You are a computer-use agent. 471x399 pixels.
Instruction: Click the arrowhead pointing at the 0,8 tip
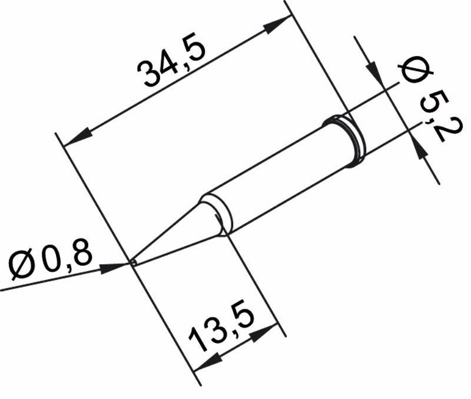(x=118, y=267)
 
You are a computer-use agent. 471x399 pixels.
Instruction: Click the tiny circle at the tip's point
(x=134, y=262)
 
